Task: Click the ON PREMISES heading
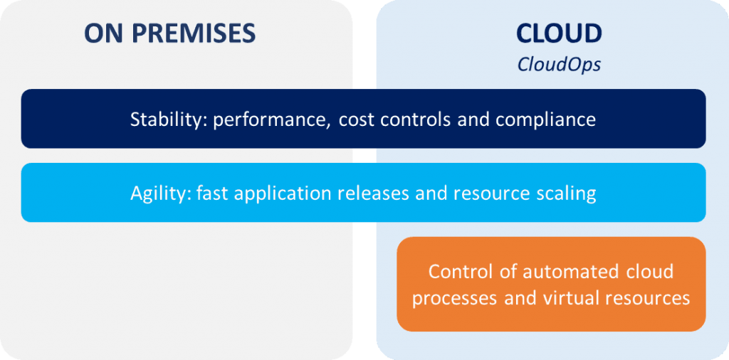(169, 33)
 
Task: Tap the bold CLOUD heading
(559, 33)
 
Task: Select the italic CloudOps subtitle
(559, 65)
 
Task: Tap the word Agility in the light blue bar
(156, 193)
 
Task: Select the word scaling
(567, 194)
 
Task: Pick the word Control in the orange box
(456, 272)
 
